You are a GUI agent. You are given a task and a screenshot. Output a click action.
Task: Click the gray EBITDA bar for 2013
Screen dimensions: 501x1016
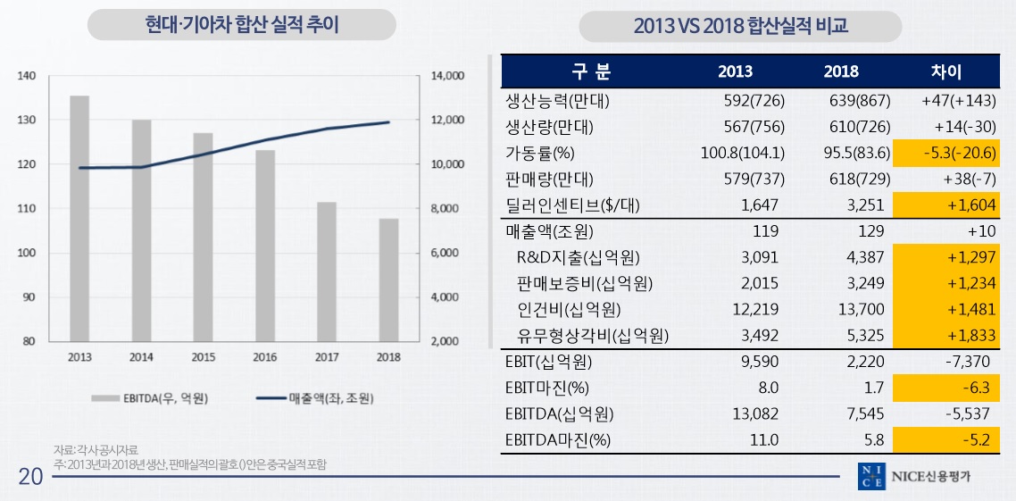(x=79, y=218)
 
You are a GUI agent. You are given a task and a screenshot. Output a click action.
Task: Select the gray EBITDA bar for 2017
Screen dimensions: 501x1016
(x=327, y=271)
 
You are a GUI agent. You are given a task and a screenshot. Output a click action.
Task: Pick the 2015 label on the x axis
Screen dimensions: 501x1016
(x=203, y=356)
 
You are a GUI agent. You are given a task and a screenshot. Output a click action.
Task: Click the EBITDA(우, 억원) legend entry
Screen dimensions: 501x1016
(x=153, y=397)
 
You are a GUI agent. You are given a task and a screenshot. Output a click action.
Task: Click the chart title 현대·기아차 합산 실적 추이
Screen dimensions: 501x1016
(x=242, y=25)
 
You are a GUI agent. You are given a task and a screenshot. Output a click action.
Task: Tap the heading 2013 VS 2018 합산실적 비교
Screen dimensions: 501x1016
(x=740, y=27)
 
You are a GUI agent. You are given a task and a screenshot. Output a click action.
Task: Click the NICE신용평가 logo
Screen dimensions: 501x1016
(x=914, y=477)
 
